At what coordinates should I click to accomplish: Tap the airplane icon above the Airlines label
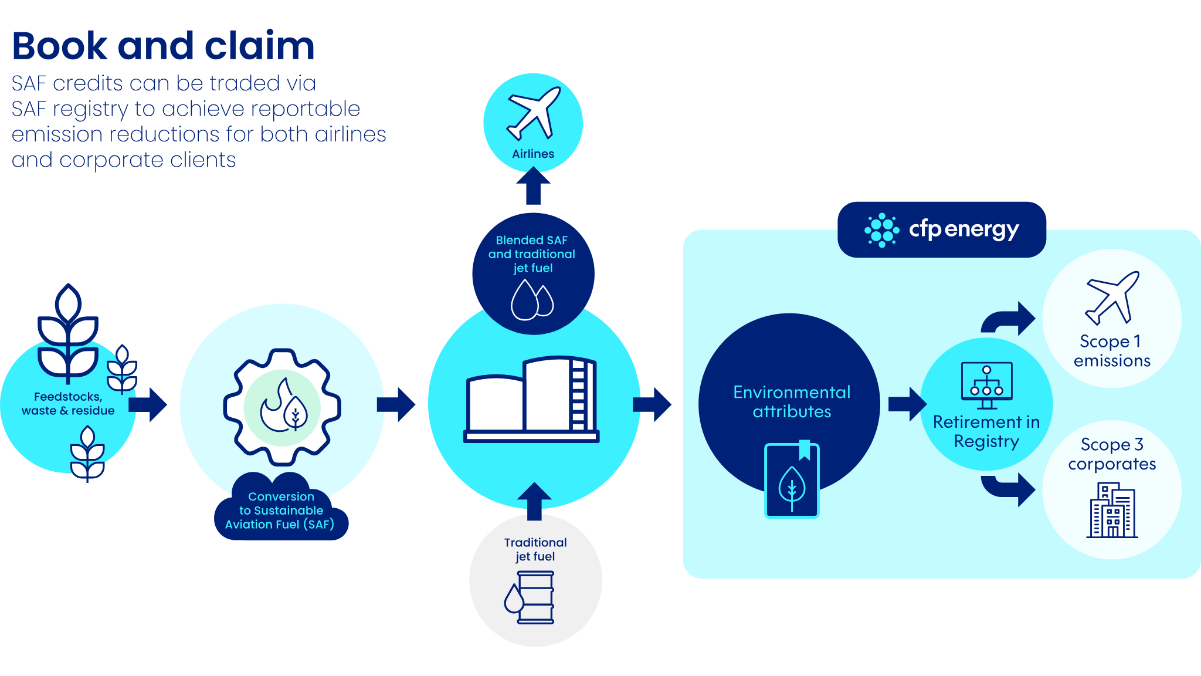point(533,113)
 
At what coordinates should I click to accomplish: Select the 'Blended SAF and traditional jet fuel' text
point(532,254)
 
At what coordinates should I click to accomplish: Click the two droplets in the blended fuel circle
point(532,300)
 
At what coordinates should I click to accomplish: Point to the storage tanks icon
point(531,400)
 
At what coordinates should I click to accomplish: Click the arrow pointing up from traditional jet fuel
point(534,501)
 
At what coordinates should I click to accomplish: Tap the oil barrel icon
point(530,597)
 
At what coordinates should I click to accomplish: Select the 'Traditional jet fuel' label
point(535,549)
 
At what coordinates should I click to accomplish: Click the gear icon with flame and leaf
point(282,407)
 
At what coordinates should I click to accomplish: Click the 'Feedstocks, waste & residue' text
point(68,404)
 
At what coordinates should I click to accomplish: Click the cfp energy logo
point(942,229)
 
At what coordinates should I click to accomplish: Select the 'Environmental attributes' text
point(792,402)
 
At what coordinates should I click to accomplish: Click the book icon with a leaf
point(792,479)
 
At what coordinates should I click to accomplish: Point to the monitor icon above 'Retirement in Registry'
point(986,385)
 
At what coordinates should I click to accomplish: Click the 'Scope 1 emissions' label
point(1111,351)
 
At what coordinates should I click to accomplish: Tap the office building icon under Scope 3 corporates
point(1112,511)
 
